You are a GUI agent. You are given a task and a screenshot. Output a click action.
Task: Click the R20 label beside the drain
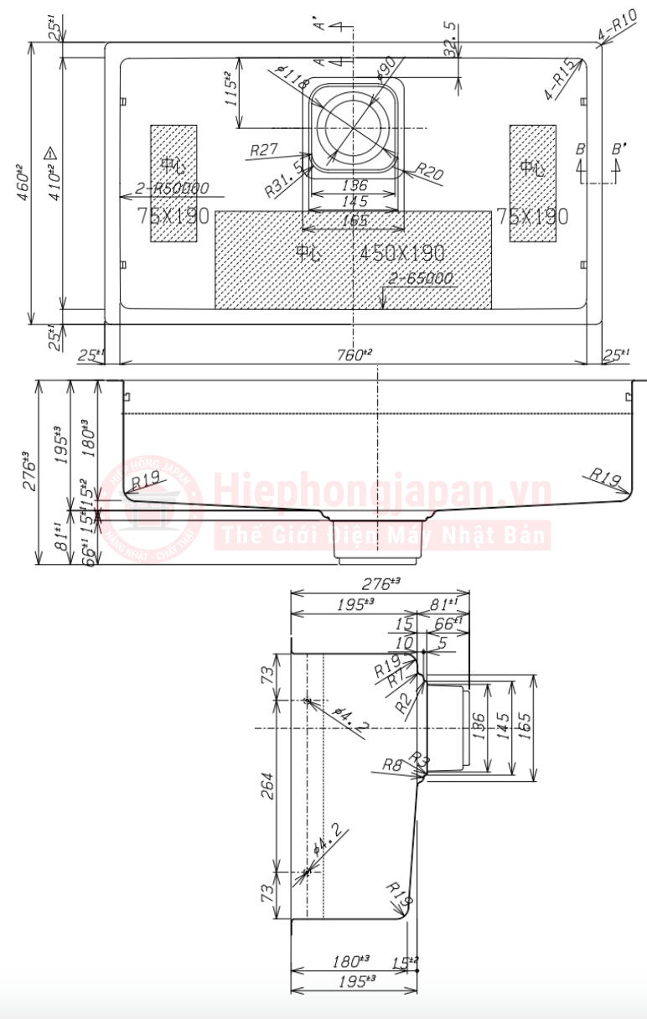tap(429, 173)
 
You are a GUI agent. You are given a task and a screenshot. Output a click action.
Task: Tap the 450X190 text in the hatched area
tap(402, 252)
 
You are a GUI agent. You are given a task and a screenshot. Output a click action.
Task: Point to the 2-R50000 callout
tap(173, 189)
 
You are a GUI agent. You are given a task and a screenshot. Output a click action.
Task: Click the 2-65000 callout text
tap(421, 278)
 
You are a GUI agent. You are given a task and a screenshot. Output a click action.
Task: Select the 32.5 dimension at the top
tap(451, 39)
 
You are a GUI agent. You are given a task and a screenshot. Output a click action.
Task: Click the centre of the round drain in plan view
tap(355, 128)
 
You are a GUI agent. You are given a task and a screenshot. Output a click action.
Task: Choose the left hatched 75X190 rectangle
tap(173, 184)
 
